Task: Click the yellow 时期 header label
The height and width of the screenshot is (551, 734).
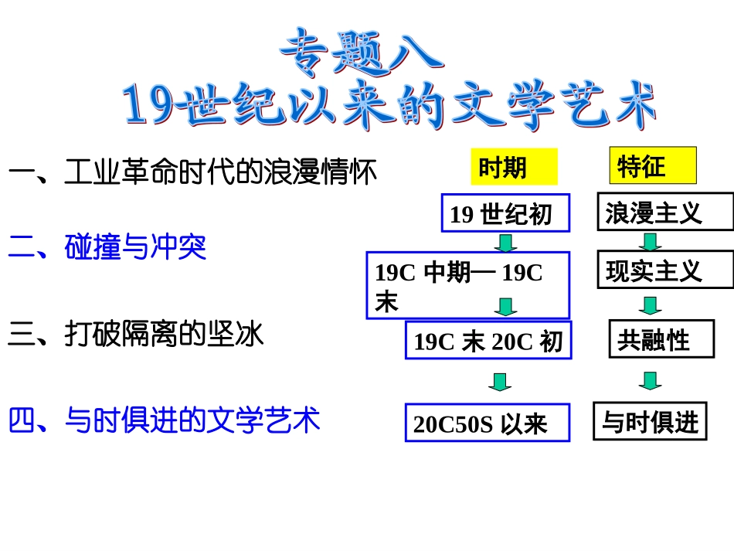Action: (513, 167)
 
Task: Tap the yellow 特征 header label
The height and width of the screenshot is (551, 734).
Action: (652, 165)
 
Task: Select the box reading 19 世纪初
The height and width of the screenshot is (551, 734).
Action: (505, 213)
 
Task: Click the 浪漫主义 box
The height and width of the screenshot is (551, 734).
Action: (664, 213)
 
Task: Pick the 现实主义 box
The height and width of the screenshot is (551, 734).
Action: (664, 270)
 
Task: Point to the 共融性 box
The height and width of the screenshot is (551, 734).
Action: (661, 338)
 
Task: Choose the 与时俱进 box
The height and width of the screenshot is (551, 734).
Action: (650, 422)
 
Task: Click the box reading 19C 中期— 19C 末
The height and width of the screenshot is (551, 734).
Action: (467, 285)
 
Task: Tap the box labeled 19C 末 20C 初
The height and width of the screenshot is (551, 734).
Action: (488, 341)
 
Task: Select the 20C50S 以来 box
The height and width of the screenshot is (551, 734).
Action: (488, 423)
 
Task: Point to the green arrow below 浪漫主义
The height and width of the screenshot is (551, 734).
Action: (650, 242)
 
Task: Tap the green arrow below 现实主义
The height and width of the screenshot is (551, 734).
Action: (650, 304)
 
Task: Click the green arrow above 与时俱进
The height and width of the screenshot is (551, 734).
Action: (650, 380)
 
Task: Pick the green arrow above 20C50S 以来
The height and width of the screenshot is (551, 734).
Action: (500, 382)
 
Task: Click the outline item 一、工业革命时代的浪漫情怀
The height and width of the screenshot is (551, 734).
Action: (192, 172)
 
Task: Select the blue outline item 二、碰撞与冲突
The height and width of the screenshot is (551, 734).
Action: (107, 247)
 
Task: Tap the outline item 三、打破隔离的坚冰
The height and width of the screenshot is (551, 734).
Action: (136, 334)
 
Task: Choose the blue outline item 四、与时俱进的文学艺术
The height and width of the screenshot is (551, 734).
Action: (164, 421)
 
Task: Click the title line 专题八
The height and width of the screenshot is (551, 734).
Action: (362, 53)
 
